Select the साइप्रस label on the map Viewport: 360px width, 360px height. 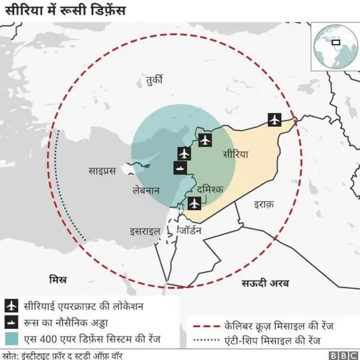[102, 170]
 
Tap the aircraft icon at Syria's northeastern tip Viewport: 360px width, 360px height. [274, 119]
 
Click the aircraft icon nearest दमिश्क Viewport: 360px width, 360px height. [195, 203]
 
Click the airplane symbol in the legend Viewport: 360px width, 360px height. [11, 306]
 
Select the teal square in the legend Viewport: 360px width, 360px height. [11, 339]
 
